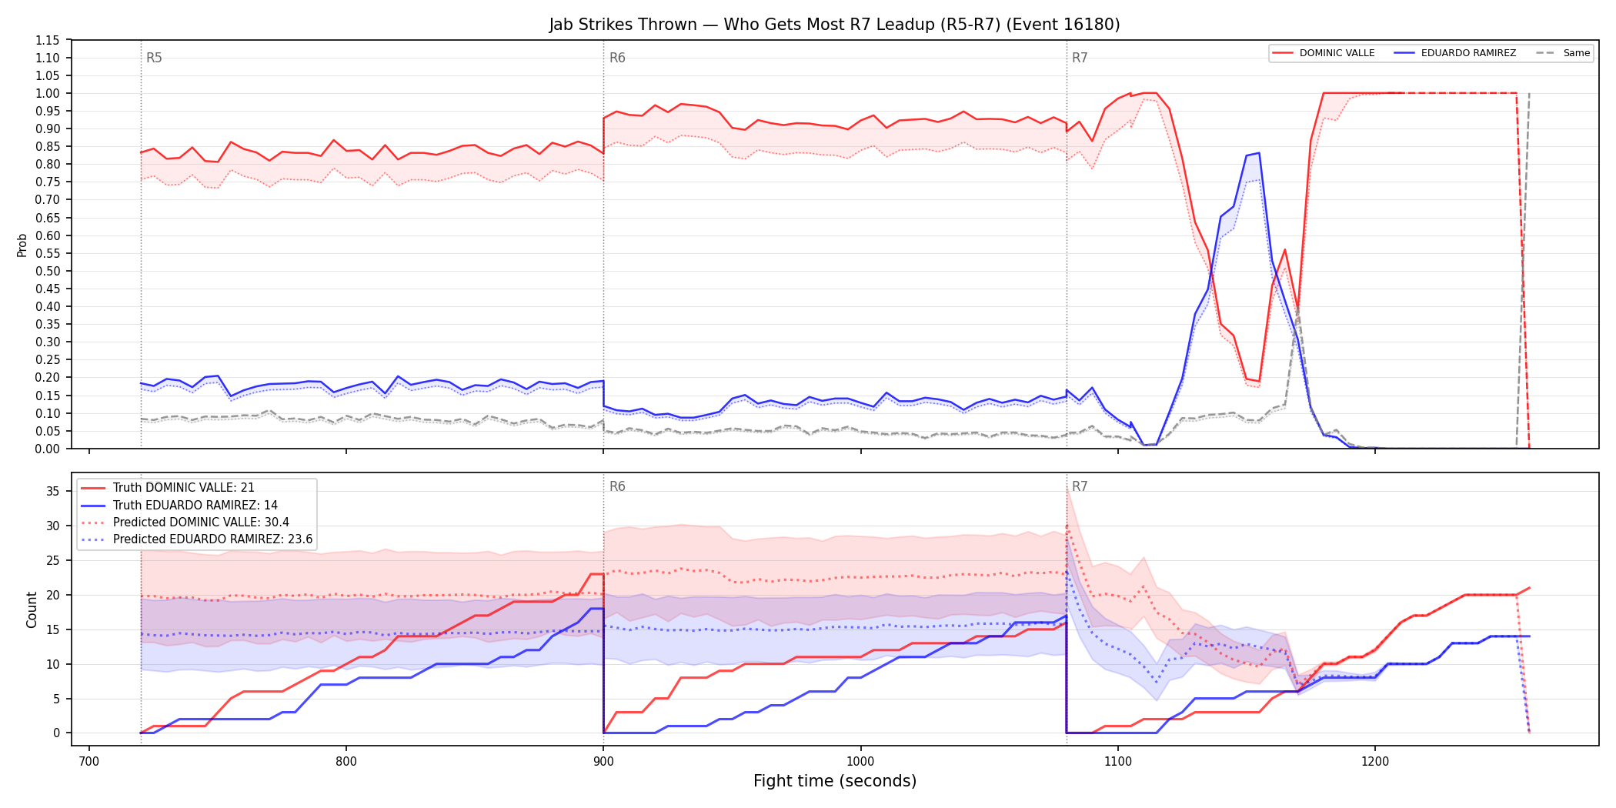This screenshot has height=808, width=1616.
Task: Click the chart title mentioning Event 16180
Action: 834,25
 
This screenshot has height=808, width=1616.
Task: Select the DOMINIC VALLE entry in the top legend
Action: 1324,53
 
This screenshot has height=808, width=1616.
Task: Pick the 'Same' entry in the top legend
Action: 1563,53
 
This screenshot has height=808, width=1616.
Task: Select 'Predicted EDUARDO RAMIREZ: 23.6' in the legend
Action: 197,539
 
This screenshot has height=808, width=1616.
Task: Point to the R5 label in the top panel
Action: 154,58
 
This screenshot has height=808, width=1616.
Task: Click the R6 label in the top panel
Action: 617,58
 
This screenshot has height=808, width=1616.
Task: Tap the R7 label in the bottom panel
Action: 1080,486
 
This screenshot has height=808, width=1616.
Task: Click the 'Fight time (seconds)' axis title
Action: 835,781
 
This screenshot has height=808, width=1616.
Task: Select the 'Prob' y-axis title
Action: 22,245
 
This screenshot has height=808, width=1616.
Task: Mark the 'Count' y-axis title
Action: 32,609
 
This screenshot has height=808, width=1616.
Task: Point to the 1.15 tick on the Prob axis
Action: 48,40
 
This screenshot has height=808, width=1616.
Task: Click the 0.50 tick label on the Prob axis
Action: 48,271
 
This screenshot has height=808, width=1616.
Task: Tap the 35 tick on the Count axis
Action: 53,491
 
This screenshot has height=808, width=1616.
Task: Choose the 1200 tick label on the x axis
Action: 1375,762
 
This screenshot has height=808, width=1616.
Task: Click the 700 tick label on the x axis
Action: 89,762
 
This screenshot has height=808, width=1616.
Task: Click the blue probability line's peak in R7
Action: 1258,152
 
